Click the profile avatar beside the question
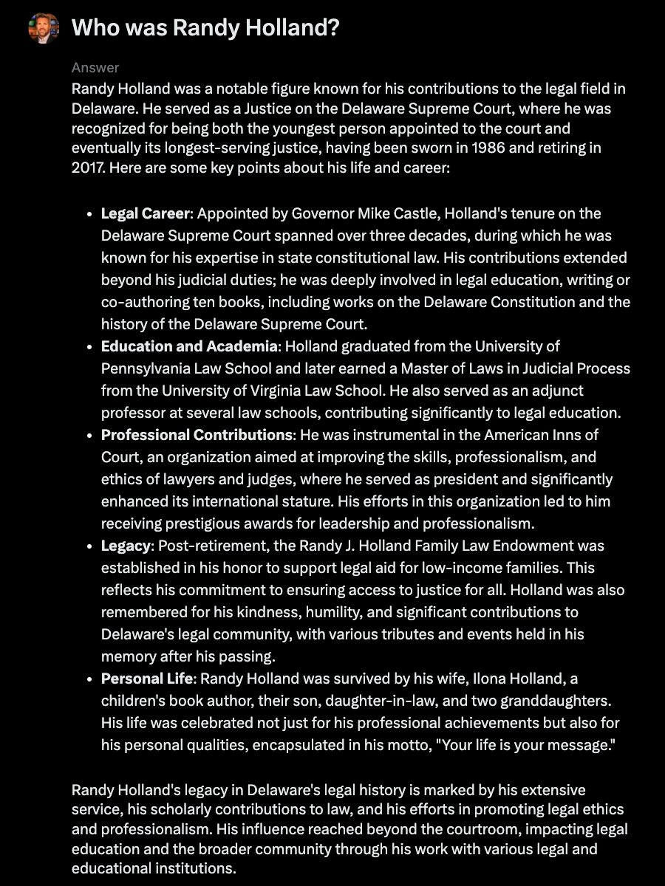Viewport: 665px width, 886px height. pyautogui.click(x=44, y=29)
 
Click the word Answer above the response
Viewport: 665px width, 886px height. pyautogui.click(x=95, y=68)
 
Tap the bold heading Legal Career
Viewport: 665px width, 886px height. pyautogui.click(x=146, y=213)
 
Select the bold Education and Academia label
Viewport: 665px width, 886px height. pyautogui.click(x=189, y=346)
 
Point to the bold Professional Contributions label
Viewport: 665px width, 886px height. pyautogui.click(x=197, y=435)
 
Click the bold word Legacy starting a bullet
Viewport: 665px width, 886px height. pyautogui.click(x=126, y=546)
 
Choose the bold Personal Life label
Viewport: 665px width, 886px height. pyautogui.click(x=146, y=679)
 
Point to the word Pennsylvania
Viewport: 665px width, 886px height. pyautogui.click(x=146, y=368)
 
